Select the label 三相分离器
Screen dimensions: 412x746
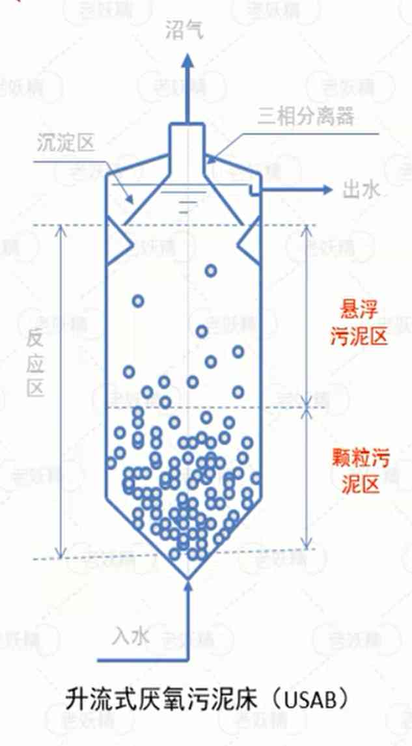point(305,117)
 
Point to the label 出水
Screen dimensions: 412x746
point(360,190)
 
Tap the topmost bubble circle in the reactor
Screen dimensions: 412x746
point(210,270)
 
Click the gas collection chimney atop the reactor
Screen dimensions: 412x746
point(187,150)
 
